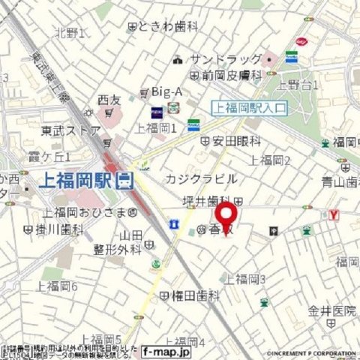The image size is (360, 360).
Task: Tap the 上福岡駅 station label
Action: click(x=77, y=181)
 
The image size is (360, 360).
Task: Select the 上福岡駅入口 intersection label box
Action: click(x=250, y=108)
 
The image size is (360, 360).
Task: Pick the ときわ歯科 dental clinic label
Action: click(x=169, y=26)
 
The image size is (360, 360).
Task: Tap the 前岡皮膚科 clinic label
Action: click(x=231, y=75)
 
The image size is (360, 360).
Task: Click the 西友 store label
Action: click(x=109, y=100)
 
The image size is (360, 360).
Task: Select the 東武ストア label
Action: click(x=70, y=130)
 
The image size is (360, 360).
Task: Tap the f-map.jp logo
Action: click(x=166, y=350)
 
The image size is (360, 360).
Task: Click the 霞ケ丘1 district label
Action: click(x=49, y=157)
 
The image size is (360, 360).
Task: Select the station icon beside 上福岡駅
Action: click(x=126, y=181)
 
